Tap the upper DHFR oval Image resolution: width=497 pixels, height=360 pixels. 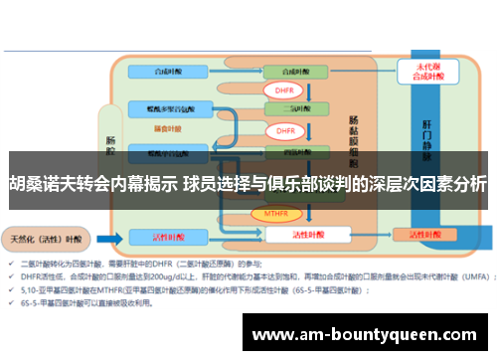click(x=285, y=90)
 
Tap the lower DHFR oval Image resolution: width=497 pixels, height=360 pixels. click(x=285, y=130)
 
